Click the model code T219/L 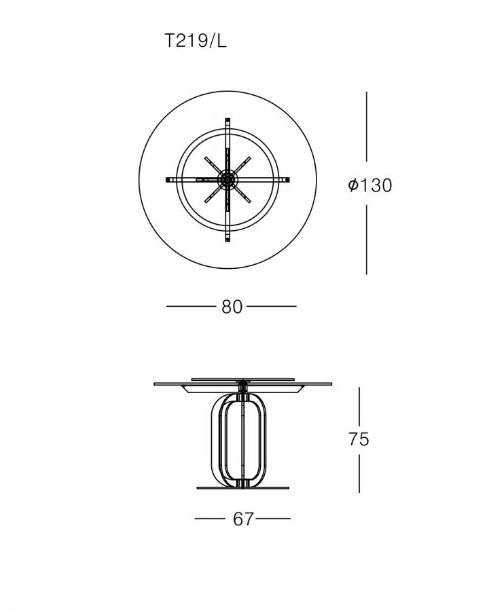[x=196, y=41]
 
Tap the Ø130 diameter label [x=370, y=185]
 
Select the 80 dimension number [x=232, y=307]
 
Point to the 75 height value [x=359, y=439]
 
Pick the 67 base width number [x=243, y=519]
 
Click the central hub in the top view [x=228, y=180]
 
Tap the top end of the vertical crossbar [x=228, y=119]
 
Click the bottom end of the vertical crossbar [x=228, y=240]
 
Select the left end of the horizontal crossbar [x=168, y=180]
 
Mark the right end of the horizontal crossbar [x=288, y=180]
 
